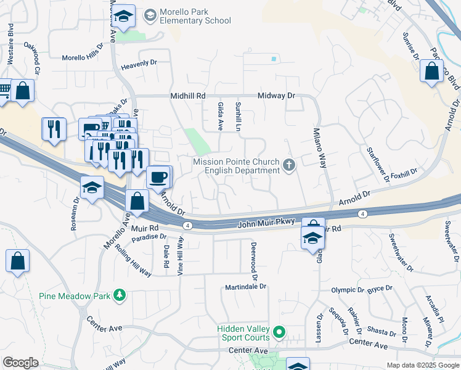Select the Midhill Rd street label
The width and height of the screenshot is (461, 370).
(x=187, y=96)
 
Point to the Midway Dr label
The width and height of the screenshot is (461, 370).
(x=276, y=96)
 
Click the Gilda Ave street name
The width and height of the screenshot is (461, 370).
(x=220, y=116)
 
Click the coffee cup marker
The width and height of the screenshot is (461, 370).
(x=158, y=177)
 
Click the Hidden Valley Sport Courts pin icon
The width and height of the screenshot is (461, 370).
(x=279, y=333)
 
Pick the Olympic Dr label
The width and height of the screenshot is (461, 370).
(x=348, y=289)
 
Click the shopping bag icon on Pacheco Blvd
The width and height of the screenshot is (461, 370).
(x=432, y=71)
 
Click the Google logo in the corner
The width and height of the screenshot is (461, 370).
(x=20, y=363)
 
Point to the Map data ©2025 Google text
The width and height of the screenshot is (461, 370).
(x=423, y=365)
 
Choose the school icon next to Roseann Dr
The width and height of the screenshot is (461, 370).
(x=92, y=187)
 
